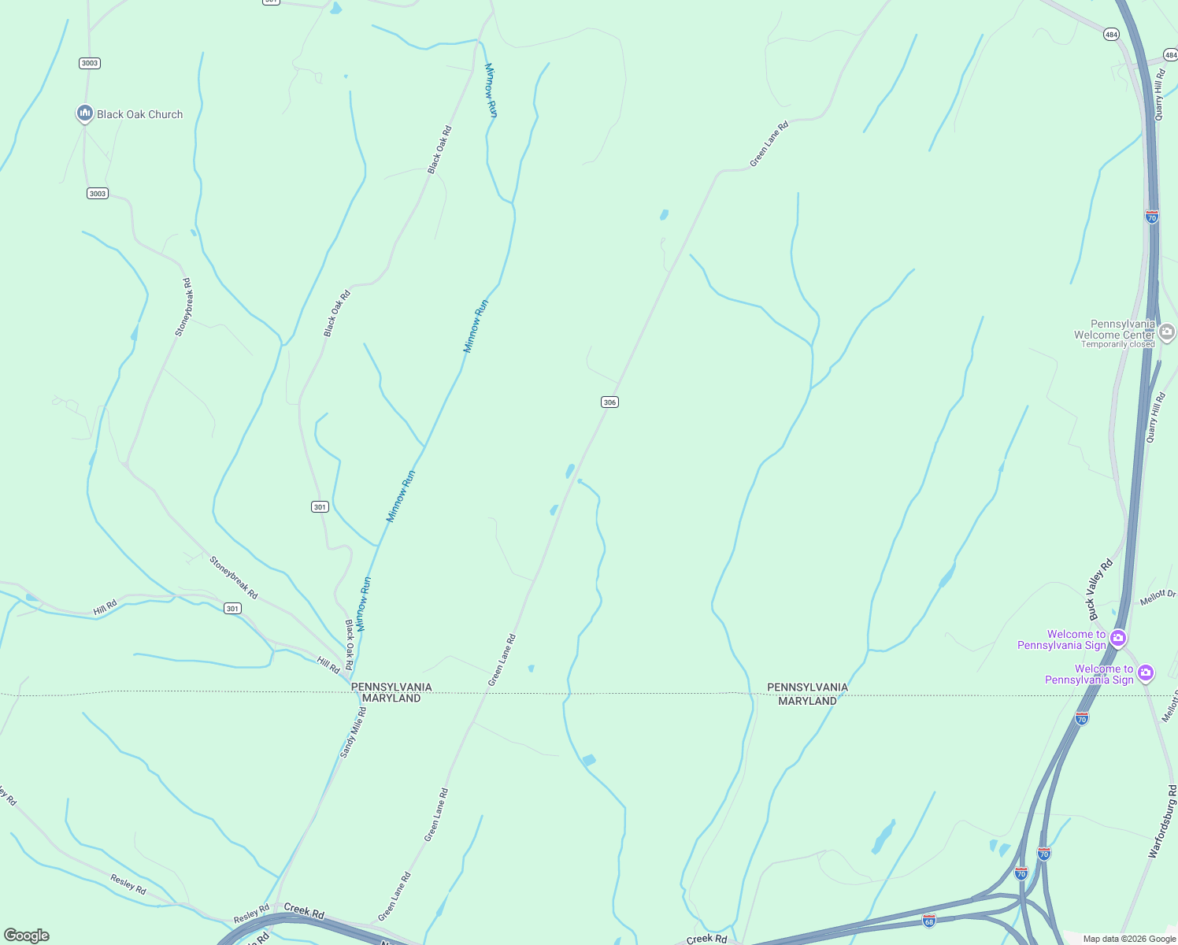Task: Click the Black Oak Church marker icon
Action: (x=85, y=113)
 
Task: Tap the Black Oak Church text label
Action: (x=139, y=114)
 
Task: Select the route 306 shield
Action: (x=609, y=402)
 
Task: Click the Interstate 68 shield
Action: (x=929, y=921)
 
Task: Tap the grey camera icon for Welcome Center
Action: (x=1167, y=332)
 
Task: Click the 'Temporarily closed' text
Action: (x=1117, y=344)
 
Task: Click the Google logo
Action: (x=27, y=936)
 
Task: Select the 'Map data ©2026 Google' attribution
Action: (x=1129, y=939)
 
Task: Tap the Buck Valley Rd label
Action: (x=1100, y=589)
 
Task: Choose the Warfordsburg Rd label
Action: (x=1162, y=821)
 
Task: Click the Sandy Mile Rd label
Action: (x=353, y=732)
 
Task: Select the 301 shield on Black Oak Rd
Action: (x=320, y=506)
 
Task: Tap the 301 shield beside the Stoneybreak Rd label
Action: (x=232, y=608)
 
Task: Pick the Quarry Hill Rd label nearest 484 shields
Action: (x=1158, y=94)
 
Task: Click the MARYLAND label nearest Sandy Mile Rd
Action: (x=391, y=699)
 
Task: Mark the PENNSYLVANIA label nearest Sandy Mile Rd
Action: (x=391, y=687)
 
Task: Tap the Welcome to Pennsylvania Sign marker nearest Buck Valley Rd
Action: (x=1118, y=638)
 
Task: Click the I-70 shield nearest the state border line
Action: (x=1082, y=717)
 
